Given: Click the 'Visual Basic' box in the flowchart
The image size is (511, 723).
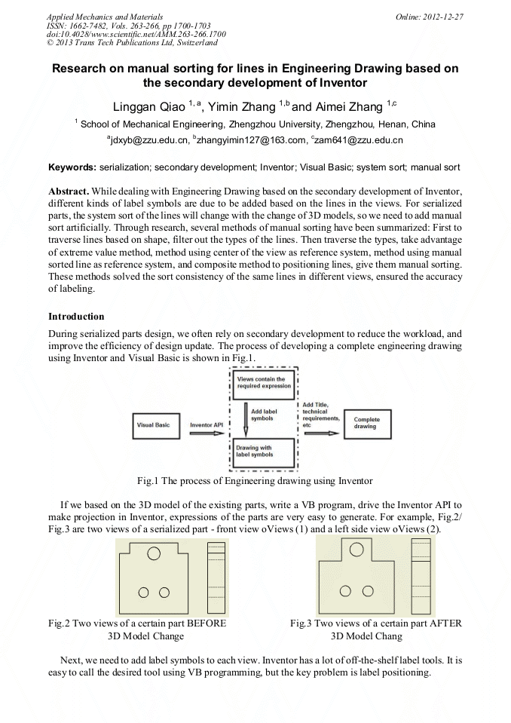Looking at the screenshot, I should pos(154,425).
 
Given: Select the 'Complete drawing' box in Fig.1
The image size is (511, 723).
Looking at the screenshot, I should pos(368,424).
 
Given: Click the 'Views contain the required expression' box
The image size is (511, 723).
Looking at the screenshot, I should pos(261,382).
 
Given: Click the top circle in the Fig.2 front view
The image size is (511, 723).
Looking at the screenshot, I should pos(154,554).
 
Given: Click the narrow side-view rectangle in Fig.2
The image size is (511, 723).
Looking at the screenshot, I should pos(216,579).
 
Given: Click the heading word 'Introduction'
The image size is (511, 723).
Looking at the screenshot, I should pos(76,317).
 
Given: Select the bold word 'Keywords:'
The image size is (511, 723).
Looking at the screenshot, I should pos(72,167).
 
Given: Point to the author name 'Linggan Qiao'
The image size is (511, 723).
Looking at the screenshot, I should pos(145,106).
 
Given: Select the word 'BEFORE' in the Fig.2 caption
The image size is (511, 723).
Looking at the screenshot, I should pos(207,623).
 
